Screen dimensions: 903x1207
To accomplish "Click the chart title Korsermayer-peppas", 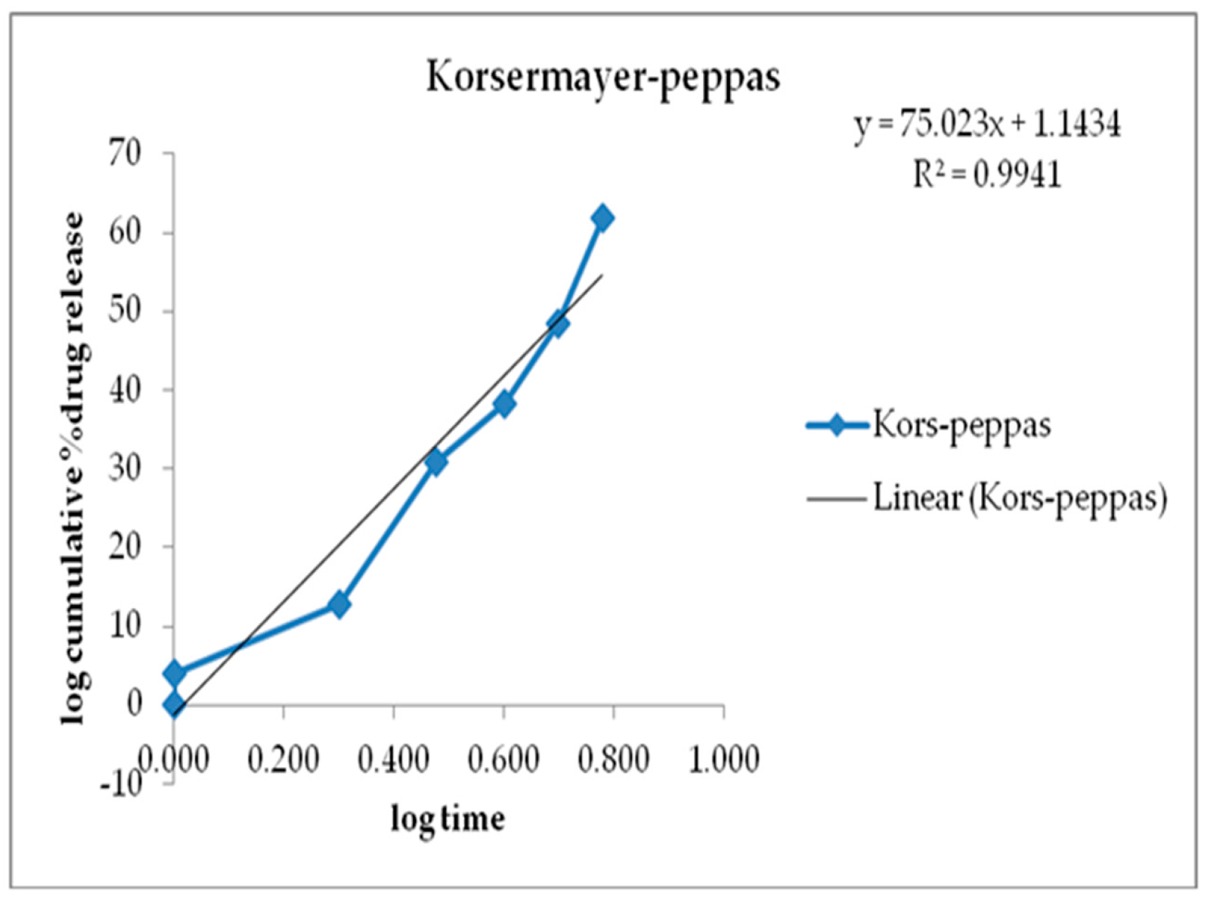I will click(603, 77).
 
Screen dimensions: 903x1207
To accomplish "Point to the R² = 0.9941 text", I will click(987, 174).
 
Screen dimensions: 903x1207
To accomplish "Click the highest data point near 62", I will click(602, 218).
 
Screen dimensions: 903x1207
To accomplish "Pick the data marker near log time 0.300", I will click(339, 604).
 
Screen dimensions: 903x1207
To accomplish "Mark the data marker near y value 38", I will click(504, 404).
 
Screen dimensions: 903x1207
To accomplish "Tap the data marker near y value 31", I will click(436, 462).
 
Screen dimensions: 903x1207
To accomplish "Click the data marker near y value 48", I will click(558, 324).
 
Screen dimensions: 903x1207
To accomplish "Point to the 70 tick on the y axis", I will click(125, 153).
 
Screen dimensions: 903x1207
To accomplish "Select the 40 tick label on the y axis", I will click(125, 389).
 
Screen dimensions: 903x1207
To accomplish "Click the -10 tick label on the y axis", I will click(120, 782).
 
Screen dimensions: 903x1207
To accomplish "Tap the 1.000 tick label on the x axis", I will click(723, 759).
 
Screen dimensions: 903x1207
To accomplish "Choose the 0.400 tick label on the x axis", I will click(393, 759).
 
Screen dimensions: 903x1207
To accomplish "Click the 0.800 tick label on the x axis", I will click(614, 759).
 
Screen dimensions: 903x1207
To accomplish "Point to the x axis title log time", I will click(448, 819).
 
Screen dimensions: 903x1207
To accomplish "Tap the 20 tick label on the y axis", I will click(125, 546).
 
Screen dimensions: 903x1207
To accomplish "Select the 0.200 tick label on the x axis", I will click(284, 759).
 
